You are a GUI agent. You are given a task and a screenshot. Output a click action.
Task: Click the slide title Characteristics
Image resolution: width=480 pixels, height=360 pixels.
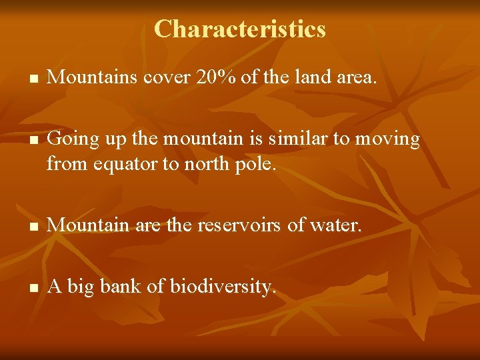[x=240, y=29]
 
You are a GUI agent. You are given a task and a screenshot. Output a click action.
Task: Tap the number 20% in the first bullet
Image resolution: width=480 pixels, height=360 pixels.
[x=216, y=78]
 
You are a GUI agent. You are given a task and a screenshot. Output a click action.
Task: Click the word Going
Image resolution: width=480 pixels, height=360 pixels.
[x=69, y=139]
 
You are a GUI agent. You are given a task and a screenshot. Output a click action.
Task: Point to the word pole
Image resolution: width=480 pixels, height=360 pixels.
[x=255, y=162]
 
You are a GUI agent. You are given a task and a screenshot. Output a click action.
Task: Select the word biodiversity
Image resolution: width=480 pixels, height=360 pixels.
[x=222, y=287]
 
